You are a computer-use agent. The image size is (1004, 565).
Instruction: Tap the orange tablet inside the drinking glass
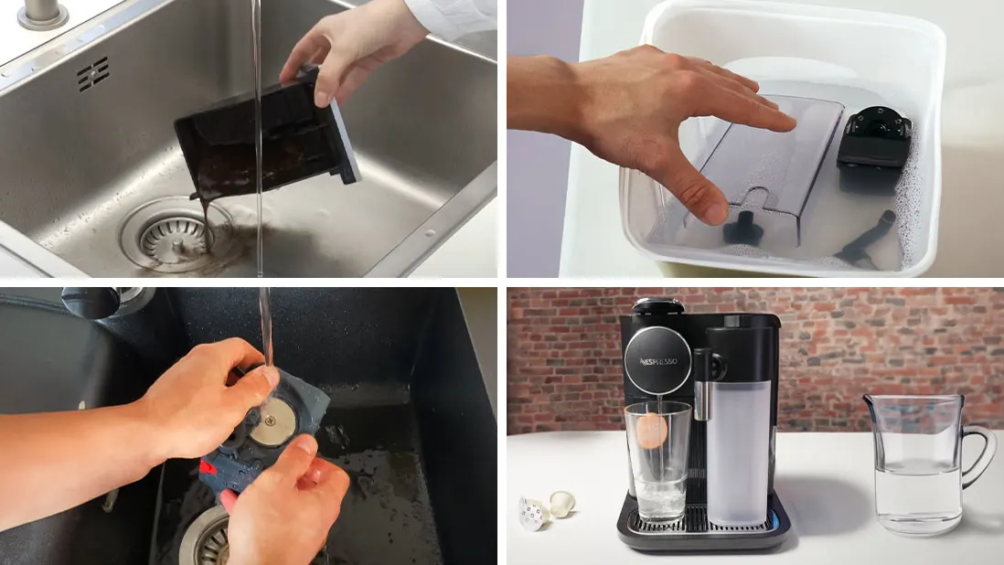(x=652, y=429)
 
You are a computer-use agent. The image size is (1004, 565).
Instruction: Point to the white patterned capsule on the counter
(x=532, y=512)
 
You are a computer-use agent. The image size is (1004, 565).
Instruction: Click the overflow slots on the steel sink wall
(x=93, y=73)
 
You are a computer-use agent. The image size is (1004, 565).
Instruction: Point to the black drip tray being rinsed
(x=265, y=137)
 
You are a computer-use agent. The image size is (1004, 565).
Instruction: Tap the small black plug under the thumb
(x=741, y=226)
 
